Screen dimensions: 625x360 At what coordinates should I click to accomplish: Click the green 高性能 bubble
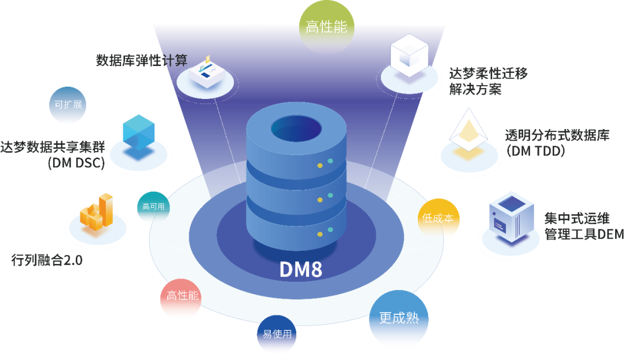coord(326,27)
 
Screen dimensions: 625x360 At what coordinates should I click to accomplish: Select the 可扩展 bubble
coord(68,105)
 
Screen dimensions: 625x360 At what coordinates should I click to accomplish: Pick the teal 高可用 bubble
coord(153,207)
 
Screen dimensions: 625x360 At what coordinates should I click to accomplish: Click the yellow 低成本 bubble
coord(438,218)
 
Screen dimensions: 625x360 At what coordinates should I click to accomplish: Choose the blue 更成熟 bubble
coord(399,318)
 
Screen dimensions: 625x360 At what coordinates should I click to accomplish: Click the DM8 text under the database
coord(301,270)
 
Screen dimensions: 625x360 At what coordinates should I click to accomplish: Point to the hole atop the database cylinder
coord(296,128)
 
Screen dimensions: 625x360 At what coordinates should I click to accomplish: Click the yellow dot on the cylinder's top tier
coord(319,166)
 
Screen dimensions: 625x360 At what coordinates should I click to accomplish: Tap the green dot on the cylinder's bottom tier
coord(330,230)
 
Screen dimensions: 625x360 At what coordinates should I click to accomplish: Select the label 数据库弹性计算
coord(142,61)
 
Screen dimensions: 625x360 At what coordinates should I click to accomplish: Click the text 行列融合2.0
coord(47,260)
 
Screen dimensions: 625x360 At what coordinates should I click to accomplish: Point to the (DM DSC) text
coord(76,163)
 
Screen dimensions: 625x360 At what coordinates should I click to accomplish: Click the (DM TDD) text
coord(536,150)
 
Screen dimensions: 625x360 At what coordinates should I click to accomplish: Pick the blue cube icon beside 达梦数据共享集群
coord(139,133)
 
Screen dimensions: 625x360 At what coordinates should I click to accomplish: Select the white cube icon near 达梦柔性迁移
coord(409,56)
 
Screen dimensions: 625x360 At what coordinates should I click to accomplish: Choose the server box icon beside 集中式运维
coord(512,217)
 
